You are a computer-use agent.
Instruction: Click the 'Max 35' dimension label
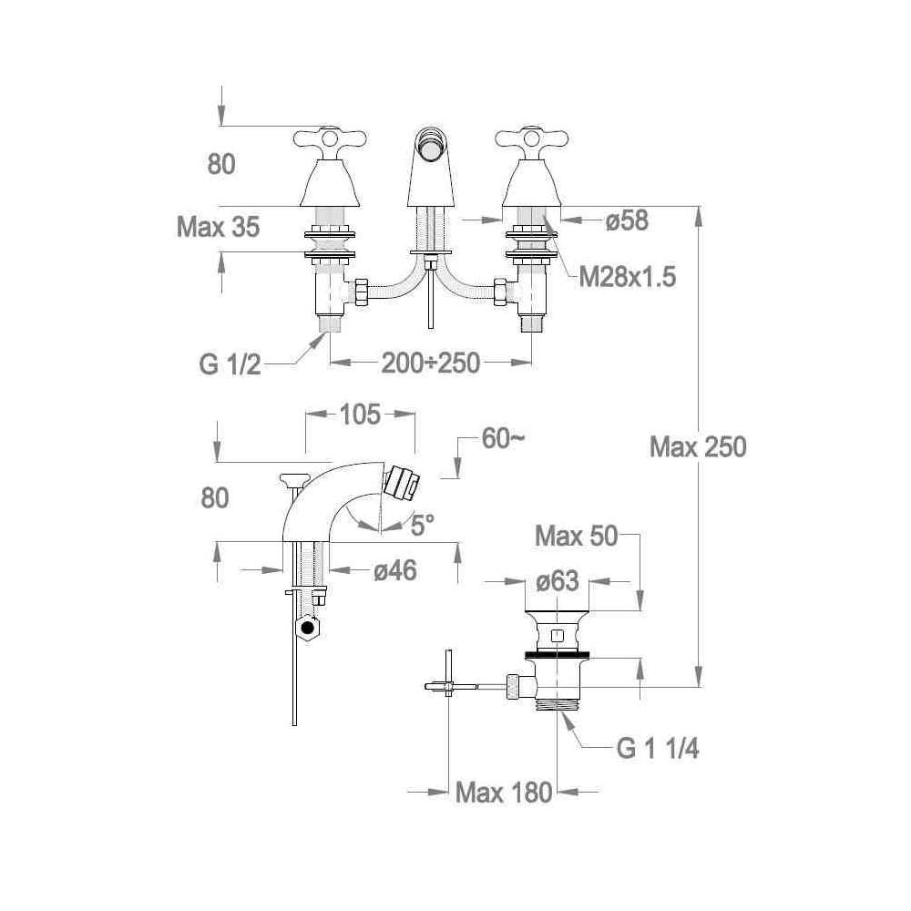218,227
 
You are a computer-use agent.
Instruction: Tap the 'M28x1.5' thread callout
628,277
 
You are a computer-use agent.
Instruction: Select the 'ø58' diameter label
627,220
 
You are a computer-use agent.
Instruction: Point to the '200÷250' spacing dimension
431,363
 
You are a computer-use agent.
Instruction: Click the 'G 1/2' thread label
230,365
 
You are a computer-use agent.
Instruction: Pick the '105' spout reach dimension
360,415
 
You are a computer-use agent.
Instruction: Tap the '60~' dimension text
503,439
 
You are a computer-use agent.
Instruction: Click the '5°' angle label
423,526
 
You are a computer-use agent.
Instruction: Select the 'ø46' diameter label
395,570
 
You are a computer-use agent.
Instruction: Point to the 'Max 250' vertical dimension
698,446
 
